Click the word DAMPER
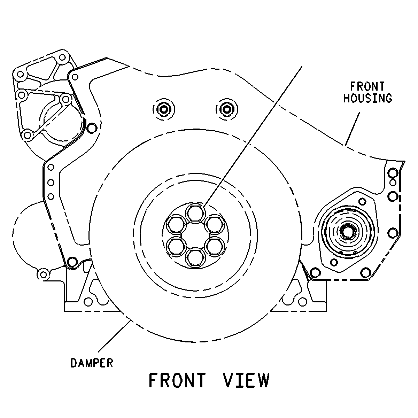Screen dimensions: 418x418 (92, 363)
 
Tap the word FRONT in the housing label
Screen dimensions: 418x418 (367, 86)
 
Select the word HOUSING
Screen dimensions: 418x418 (368, 98)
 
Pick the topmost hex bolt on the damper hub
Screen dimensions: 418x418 (195, 214)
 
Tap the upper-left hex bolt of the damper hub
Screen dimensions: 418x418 (176, 225)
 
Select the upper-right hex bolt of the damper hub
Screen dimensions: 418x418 (215, 225)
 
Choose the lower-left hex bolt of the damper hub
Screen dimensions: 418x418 (176, 247)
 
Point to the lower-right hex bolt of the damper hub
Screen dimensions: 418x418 (215, 247)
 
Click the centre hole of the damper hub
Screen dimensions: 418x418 (195, 236)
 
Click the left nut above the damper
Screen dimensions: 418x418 (164, 109)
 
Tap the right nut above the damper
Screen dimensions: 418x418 (227, 109)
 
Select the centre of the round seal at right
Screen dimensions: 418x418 (347, 232)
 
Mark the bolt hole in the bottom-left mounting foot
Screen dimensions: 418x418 (88, 302)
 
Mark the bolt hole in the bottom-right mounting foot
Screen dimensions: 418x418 (303, 302)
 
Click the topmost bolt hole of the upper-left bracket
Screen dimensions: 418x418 (62, 57)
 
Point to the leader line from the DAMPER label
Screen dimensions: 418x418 (114, 336)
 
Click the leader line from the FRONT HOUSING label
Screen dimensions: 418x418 (352, 129)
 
